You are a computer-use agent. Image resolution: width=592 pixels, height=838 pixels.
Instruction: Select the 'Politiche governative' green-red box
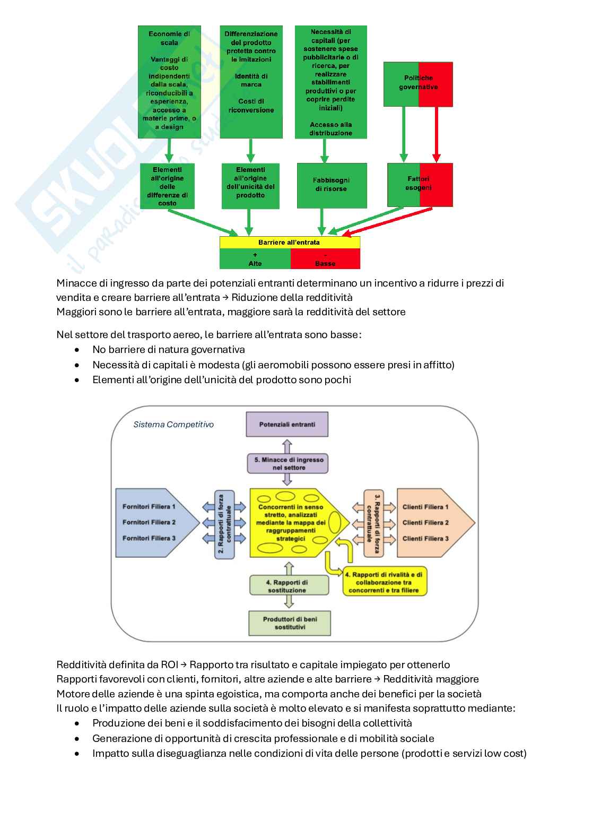point(418,84)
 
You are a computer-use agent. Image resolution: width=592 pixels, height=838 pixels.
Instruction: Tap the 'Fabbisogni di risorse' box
point(332,185)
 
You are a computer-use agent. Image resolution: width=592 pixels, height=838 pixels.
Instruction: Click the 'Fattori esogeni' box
point(420,184)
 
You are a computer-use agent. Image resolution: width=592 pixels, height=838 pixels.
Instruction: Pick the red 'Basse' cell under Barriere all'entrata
point(325,260)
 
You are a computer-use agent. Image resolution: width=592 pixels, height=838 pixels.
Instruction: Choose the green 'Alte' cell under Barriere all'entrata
point(255,260)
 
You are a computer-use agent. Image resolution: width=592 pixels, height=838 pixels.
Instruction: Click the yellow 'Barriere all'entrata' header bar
point(290,242)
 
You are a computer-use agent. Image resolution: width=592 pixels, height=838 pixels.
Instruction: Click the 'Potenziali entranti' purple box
point(287,425)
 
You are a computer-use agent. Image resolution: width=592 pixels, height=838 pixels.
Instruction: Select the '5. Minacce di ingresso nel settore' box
point(288,463)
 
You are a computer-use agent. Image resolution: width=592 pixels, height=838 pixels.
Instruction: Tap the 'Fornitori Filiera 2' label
point(149,522)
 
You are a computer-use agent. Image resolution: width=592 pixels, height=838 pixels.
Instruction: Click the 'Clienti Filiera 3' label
point(425,538)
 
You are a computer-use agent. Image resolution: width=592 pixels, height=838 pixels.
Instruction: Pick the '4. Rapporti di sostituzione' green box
point(288,586)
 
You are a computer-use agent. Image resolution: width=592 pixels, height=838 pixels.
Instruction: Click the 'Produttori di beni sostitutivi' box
point(290,623)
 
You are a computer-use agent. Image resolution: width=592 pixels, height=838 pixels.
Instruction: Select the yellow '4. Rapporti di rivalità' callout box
point(384,582)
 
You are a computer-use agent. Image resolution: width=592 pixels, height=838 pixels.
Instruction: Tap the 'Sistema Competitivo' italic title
point(173,425)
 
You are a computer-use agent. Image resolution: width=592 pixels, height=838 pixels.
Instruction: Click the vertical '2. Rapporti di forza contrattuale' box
point(225,523)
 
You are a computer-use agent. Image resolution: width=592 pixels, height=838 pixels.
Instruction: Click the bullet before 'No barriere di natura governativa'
point(78,350)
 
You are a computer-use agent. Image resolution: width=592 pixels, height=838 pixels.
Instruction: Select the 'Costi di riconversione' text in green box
point(251,106)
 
